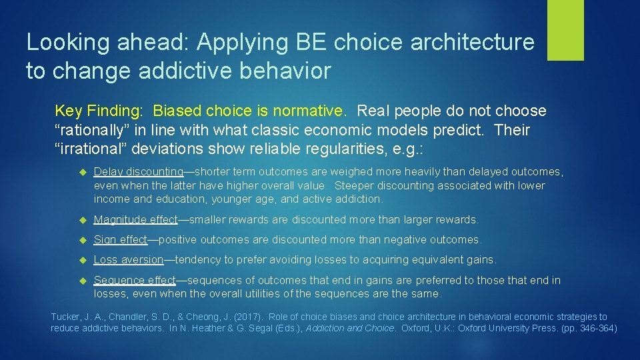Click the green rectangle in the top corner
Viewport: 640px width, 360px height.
click(x=565, y=30)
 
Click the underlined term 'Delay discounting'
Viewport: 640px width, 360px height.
click(x=139, y=172)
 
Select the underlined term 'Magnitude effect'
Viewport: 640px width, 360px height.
click(x=136, y=219)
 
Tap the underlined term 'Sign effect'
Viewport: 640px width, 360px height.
click(x=121, y=239)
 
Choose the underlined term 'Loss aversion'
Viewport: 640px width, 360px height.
click(x=129, y=259)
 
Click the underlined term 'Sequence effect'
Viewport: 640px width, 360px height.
click(x=135, y=280)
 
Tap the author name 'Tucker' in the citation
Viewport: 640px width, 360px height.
click(x=66, y=317)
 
